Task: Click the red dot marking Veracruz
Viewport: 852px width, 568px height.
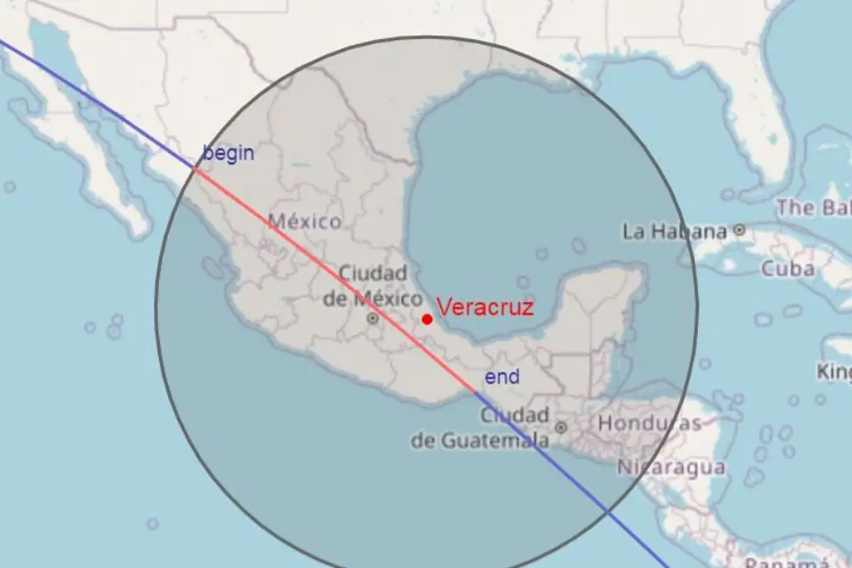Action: (427, 319)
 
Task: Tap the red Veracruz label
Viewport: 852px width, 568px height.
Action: (485, 307)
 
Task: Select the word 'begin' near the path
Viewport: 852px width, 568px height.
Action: (229, 153)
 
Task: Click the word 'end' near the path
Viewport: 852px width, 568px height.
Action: (503, 377)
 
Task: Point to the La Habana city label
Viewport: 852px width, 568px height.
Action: (675, 231)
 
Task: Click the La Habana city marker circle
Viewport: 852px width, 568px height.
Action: (739, 230)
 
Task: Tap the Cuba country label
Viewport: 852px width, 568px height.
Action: (787, 269)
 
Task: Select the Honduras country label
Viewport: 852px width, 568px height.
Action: (650, 423)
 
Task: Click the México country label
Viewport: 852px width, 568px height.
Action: (303, 222)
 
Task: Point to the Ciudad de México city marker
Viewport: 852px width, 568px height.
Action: (373, 318)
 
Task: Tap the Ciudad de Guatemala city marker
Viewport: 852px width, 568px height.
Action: (561, 427)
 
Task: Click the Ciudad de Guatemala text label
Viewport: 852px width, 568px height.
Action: (481, 427)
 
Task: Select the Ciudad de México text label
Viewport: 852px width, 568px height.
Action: (373, 285)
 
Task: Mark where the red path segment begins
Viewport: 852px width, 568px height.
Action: (194, 168)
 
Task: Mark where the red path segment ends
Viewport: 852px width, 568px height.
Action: (476, 392)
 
